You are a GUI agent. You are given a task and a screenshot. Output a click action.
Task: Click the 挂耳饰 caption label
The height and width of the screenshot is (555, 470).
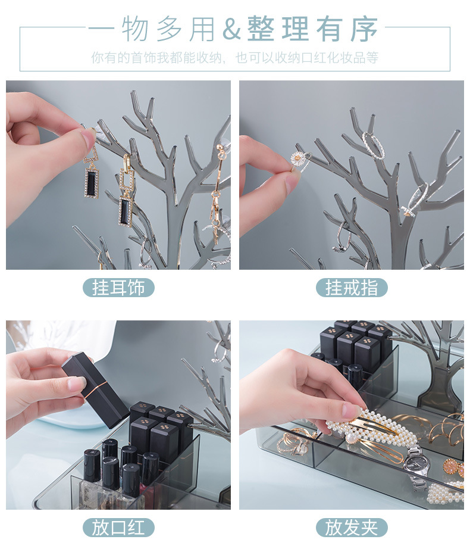pos(118,288)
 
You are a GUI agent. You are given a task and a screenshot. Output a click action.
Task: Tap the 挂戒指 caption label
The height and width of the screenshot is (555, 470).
pos(352,288)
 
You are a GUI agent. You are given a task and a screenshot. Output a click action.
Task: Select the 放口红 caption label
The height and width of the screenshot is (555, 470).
pos(118,528)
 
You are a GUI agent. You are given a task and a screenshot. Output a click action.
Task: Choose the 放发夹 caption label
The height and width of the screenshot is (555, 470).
pos(352,528)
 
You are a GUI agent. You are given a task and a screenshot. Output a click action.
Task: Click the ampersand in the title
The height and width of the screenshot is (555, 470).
pos(231,29)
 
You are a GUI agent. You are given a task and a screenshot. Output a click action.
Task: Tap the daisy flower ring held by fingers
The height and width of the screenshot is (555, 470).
pos(297,159)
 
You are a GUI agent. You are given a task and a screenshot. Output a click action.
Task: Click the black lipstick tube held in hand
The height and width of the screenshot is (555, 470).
pos(95,385)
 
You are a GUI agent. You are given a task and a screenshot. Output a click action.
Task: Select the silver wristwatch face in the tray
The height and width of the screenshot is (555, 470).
pos(415,464)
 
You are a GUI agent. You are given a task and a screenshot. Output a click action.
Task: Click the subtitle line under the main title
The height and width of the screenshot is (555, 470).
pos(235,58)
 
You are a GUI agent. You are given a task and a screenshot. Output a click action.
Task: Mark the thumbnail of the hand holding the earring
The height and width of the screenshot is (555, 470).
pos(118,175)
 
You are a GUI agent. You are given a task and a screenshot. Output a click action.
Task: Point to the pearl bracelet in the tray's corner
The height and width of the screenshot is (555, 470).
pos(446,492)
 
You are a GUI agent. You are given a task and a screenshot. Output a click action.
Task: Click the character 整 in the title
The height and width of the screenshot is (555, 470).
pos(261,29)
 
